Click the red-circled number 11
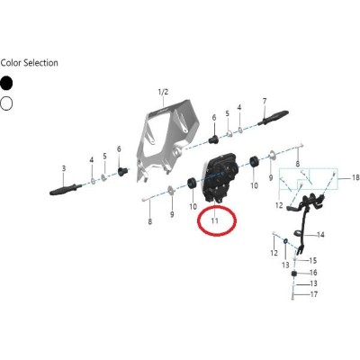click(214, 220)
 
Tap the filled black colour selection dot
click(6, 83)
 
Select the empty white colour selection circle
click(6, 103)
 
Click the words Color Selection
click(29, 63)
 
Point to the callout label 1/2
click(163, 92)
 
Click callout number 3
click(64, 168)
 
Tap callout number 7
click(265, 102)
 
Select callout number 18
click(355, 178)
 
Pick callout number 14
click(320, 235)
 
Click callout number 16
click(313, 273)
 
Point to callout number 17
click(314, 294)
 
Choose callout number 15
click(313, 260)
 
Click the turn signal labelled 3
click(66, 190)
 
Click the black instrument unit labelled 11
click(220, 177)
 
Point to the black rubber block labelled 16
click(294, 274)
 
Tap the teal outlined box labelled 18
click(309, 169)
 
